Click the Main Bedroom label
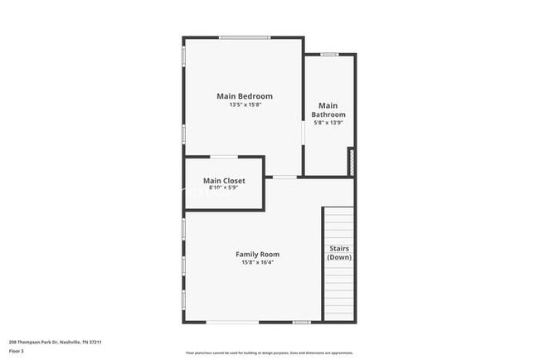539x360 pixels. tap(245, 96)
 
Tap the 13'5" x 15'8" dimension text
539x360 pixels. tap(245, 105)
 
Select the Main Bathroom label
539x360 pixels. tap(329, 110)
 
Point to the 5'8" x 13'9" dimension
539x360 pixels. tap(329, 123)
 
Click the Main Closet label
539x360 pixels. tap(224, 180)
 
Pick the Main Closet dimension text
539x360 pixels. tap(224, 187)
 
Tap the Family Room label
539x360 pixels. tap(257, 254)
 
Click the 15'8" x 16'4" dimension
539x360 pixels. tap(257, 262)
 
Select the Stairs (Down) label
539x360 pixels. tap(338, 253)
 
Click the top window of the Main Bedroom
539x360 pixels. tap(244, 37)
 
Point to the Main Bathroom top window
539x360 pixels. tap(329, 55)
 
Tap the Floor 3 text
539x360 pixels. tap(16, 352)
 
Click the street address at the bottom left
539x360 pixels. tap(55, 341)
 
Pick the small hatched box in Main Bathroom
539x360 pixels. tap(351, 161)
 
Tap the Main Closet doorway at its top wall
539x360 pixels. tap(224, 157)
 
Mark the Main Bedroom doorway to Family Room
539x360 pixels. tap(284, 177)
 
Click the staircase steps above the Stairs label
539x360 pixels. tap(338, 224)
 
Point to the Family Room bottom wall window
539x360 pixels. tap(232, 322)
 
